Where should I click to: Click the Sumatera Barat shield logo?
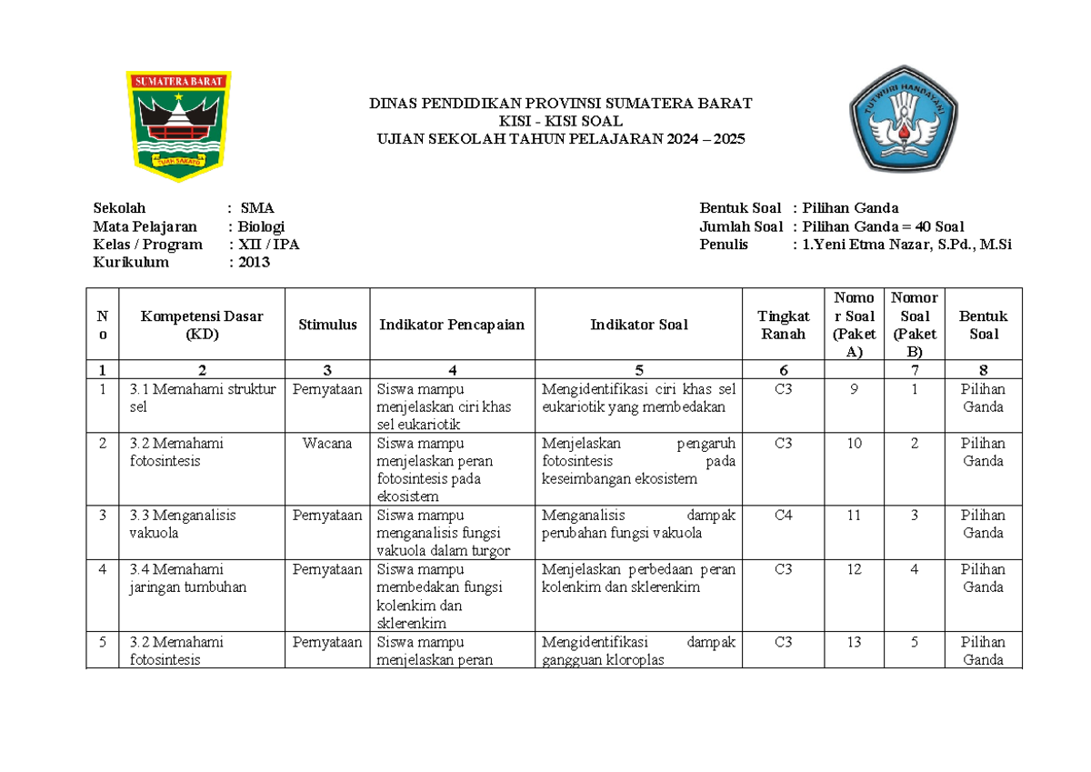[177, 125]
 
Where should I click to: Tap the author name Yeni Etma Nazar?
[906, 245]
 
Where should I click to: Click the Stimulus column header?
[327, 325]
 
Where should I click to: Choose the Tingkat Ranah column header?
[785, 325]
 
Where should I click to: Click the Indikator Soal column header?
[638, 325]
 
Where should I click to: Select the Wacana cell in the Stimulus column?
[327, 444]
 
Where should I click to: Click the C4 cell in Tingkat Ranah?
[785, 516]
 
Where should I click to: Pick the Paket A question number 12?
[853, 569]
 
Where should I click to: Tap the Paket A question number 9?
[853, 389]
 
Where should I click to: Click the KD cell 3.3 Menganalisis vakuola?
[183, 524]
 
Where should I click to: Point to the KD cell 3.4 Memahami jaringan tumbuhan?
[188, 578]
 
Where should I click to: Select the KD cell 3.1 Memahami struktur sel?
[202, 398]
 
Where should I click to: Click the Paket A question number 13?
[853, 642]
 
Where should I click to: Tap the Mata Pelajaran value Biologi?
[262, 226]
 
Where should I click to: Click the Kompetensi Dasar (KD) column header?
[201, 325]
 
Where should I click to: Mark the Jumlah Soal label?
[741, 226]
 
